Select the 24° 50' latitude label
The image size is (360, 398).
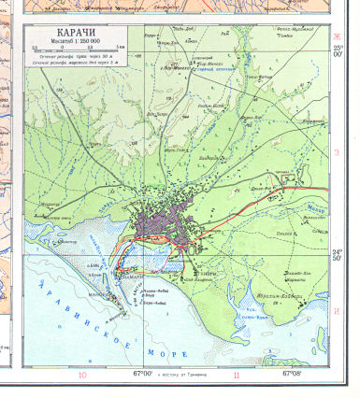(338, 253)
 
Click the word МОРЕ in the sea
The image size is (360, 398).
(168, 353)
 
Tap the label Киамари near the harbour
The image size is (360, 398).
(131, 277)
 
